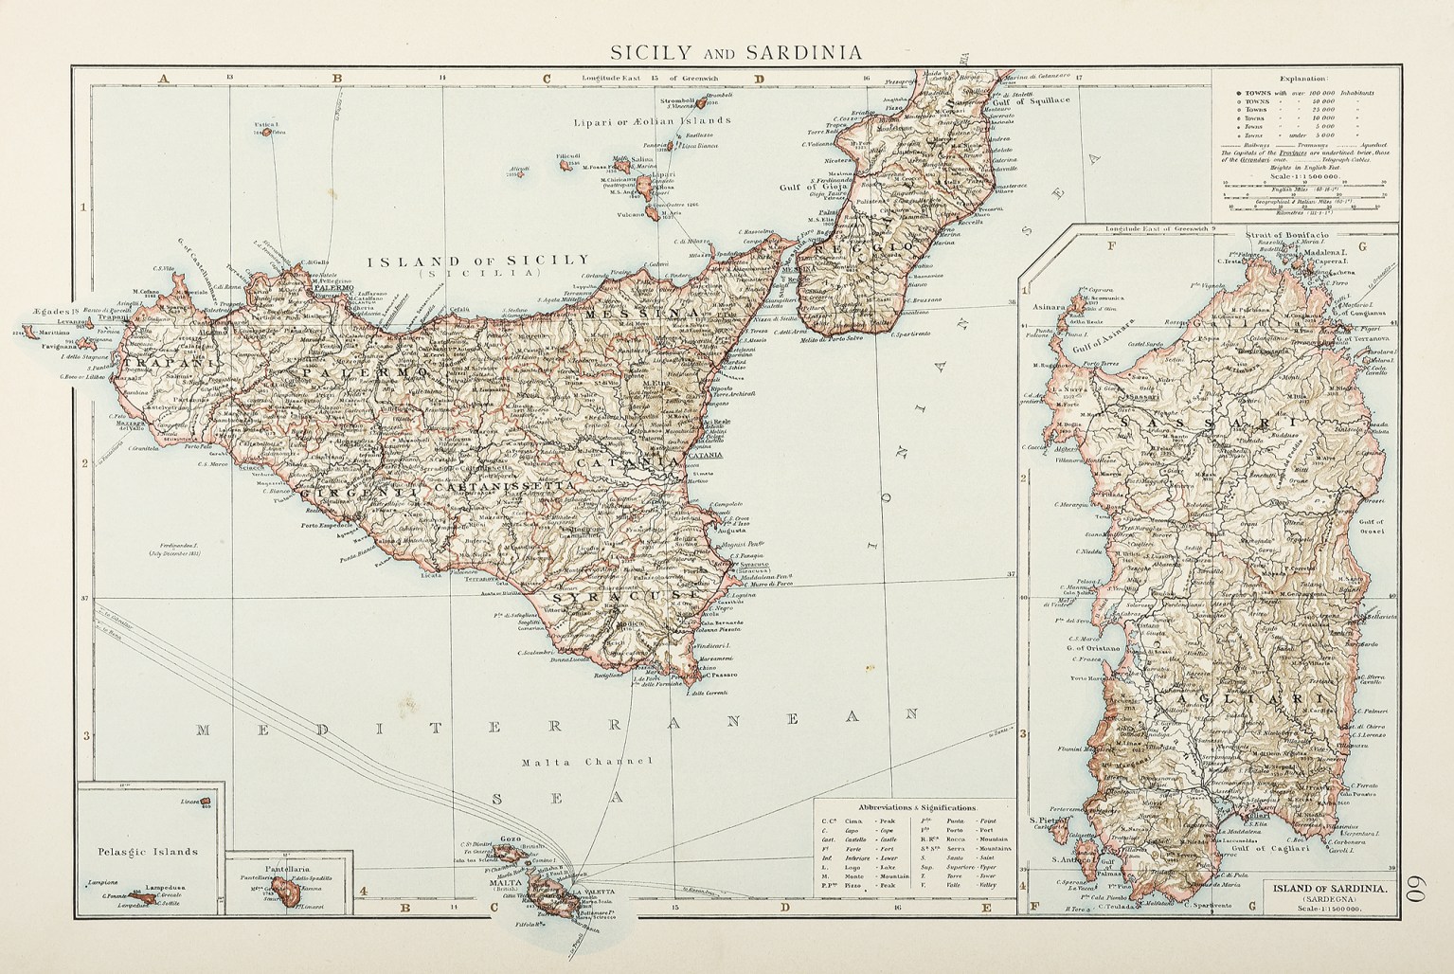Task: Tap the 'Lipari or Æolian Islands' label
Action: (x=653, y=122)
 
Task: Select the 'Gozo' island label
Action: (x=511, y=840)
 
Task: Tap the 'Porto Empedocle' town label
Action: (x=328, y=526)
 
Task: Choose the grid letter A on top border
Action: (x=164, y=79)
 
